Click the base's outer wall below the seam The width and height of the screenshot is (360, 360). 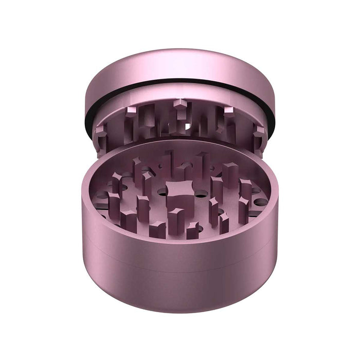point(180,291)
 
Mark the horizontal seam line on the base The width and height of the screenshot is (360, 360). point(180,268)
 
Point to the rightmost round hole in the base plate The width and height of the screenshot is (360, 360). point(260,202)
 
